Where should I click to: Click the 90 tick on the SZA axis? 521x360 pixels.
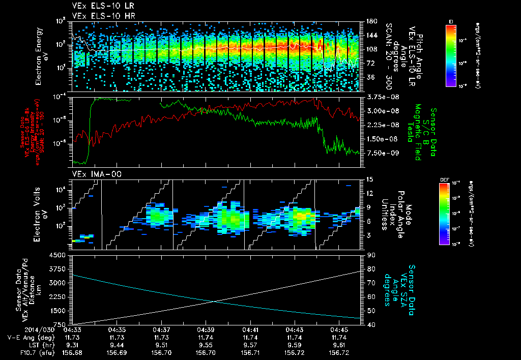point(371,255)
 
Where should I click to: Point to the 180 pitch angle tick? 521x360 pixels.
point(371,21)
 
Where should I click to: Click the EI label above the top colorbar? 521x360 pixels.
point(451,21)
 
